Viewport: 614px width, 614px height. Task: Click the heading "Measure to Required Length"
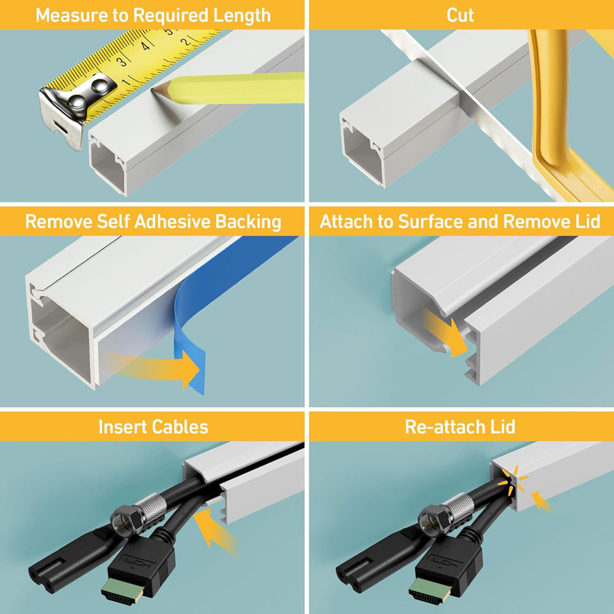pyautogui.click(x=153, y=15)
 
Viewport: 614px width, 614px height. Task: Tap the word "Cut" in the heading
pyautogui.click(x=460, y=15)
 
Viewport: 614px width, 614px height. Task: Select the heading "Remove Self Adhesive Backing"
pyautogui.click(x=153, y=222)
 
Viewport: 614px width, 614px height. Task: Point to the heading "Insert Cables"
pyautogui.click(x=153, y=427)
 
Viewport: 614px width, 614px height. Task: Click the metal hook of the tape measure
pyautogui.click(x=61, y=111)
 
